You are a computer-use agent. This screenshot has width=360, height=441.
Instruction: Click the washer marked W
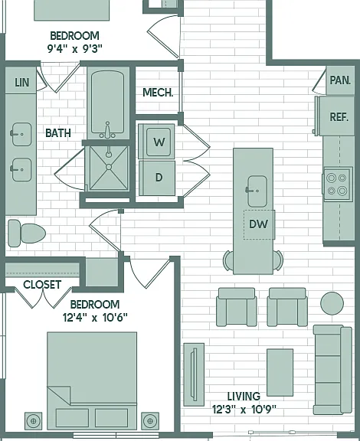tap(156, 141)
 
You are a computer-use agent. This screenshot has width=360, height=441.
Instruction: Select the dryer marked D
tap(157, 178)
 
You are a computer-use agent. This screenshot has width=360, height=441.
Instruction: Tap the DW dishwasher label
tap(258, 224)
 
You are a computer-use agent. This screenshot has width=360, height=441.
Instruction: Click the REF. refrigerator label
tap(339, 117)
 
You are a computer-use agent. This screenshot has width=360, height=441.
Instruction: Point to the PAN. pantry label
tap(340, 80)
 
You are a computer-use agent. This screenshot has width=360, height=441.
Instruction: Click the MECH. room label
tap(158, 93)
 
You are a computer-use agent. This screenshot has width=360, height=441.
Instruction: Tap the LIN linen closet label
tap(22, 83)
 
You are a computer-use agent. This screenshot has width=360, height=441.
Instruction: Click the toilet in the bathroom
tap(27, 234)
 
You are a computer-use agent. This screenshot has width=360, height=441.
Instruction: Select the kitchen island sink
tap(257, 191)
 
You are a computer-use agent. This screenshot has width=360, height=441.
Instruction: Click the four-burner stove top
tap(337, 184)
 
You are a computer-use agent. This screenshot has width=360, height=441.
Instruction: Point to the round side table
tap(332, 303)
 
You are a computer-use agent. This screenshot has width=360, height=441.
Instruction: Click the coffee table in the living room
tap(280, 372)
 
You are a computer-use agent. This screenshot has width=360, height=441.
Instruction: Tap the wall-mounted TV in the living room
tap(194, 374)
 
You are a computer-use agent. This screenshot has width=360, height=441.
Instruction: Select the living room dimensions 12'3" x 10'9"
tap(244, 409)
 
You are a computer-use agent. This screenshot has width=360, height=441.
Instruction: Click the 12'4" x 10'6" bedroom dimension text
tap(95, 318)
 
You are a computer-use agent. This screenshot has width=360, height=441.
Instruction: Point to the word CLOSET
tap(42, 285)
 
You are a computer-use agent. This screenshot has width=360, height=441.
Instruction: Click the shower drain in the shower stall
tap(109, 167)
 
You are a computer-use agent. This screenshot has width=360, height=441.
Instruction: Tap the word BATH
tap(58, 133)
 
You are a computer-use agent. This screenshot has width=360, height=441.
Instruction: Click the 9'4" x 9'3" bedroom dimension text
tap(74, 49)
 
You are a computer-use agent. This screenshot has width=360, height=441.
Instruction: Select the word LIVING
tap(244, 397)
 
